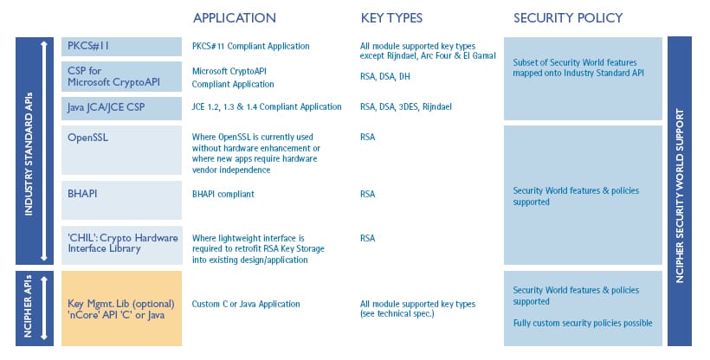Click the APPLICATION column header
point(234,18)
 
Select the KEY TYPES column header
point(391,18)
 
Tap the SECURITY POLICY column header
point(568,18)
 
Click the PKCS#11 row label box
point(121,47)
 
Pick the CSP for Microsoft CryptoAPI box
point(121,76)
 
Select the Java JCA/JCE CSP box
point(121,108)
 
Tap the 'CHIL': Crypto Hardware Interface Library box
point(121,245)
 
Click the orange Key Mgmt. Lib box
point(121,308)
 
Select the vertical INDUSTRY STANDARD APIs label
point(28,154)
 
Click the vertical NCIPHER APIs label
point(28,305)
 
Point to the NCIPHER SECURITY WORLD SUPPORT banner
point(679,191)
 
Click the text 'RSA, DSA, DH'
point(385,76)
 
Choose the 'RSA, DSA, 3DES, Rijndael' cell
point(406,106)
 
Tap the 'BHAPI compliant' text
point(223,194)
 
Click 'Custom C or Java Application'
point(246,304)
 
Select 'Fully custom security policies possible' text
point(583,323)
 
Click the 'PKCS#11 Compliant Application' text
point(251,46)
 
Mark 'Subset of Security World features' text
point(575,62)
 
